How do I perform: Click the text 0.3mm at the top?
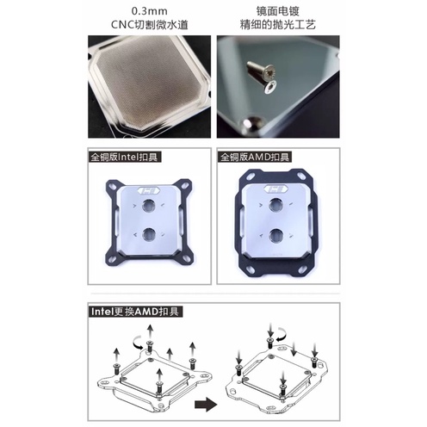pos(149,11)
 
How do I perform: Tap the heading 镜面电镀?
pos(278,11)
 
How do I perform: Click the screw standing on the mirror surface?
pos(261,69)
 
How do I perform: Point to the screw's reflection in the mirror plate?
pos(270,86)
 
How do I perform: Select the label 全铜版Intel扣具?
pos(124,158)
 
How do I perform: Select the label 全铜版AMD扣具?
pos(255,158)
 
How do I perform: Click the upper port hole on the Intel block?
pos(148,206)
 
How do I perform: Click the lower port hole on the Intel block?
pos(148,235)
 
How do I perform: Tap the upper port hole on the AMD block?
pos(276,206)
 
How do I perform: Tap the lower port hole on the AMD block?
pos(276,236)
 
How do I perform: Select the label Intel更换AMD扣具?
pos(135,312)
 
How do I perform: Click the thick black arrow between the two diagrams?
pos(206,405)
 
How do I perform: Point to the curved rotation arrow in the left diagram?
pos(139,343)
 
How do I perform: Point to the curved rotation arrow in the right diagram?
pos(282,334)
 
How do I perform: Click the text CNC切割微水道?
pos(150,25)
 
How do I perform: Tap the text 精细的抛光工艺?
pos(278,25)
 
